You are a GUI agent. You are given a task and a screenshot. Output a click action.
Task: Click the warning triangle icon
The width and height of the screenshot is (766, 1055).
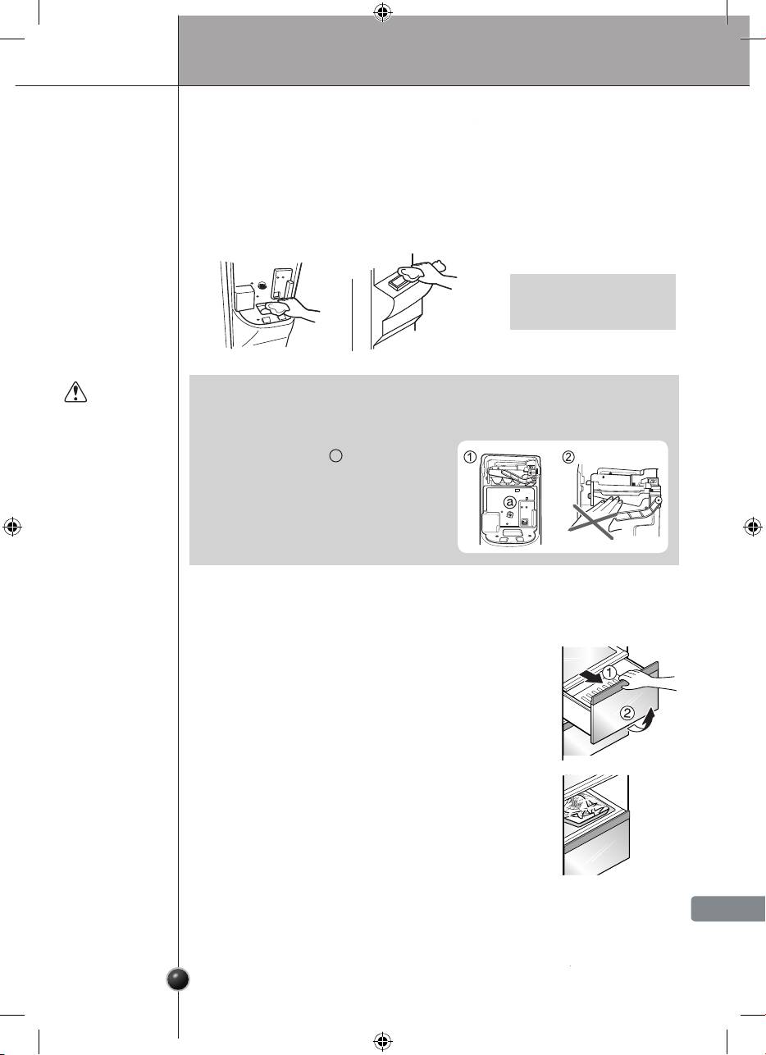(x=75, y=392)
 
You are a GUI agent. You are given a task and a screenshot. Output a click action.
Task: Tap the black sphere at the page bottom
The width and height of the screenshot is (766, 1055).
(x=179, y=980)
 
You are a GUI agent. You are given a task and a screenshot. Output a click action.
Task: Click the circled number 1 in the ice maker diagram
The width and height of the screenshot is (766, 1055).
(x=470, y=457)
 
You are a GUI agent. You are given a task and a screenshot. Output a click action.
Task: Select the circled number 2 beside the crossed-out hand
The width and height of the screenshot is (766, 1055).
(x=568, y=457)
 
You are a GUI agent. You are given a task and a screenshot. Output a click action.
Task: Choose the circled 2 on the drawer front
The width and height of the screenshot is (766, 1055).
(x=627, y=713)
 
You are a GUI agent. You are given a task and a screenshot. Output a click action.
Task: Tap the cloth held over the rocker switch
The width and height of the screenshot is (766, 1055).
(x=413, y=272)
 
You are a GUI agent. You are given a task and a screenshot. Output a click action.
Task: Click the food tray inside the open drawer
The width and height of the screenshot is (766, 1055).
(x=584, y=808)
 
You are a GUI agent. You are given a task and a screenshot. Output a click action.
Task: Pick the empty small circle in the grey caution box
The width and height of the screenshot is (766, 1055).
(x=335, y=455)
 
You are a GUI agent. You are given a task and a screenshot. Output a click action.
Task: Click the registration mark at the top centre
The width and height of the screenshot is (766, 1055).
(x=383, y=14)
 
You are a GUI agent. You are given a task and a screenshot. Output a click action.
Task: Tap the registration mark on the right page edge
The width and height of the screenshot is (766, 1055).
(x=753, y=527)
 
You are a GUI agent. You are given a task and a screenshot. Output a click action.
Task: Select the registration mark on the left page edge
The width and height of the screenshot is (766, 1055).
(x=12, y=527)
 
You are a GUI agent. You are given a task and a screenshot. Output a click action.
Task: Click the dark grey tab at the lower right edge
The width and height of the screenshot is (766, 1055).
(x=728, y=908)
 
